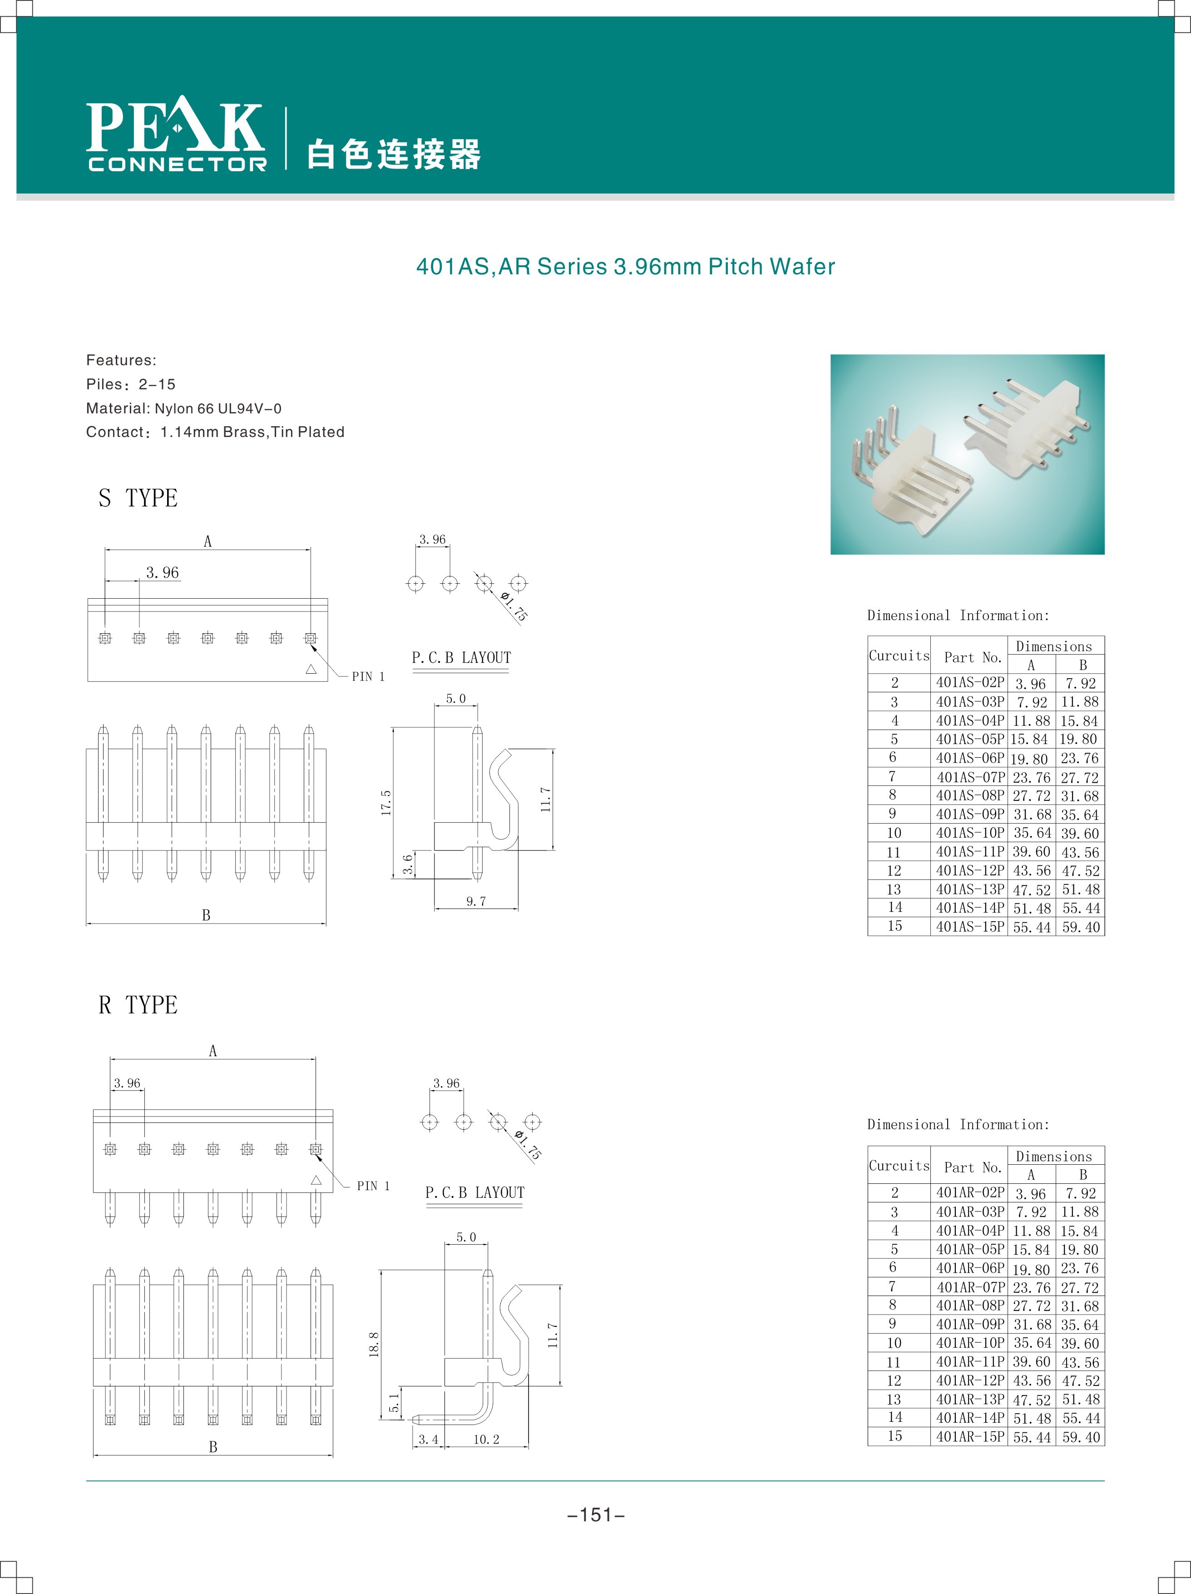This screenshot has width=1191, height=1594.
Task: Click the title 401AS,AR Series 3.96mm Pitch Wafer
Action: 625,267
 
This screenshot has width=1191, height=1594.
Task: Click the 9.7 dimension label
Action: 475,902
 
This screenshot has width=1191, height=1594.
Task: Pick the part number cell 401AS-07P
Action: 970,777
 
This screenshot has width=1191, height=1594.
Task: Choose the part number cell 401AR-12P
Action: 970,1380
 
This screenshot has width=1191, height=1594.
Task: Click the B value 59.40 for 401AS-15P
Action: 1081,928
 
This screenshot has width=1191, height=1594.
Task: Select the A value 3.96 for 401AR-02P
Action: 1030,1194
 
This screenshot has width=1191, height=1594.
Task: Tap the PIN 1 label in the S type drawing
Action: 368,677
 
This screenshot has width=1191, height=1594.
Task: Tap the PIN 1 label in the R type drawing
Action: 373,1186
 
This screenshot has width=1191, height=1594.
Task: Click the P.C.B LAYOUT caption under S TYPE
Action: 461,658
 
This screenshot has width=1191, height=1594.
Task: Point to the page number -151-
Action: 596,1515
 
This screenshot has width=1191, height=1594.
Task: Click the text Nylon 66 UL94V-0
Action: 217,408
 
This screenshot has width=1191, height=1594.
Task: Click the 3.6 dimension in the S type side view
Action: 408,864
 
